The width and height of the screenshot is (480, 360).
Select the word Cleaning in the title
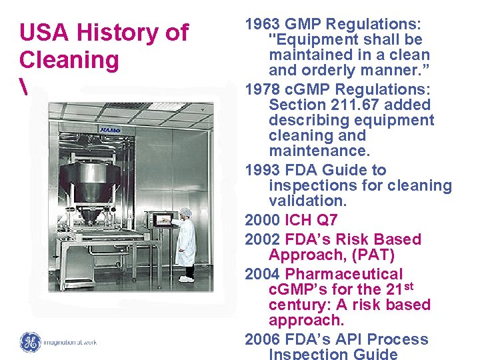coord(69,60)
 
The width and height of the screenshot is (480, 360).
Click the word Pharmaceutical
coord(344,274)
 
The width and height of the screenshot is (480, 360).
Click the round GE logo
coord(31,342)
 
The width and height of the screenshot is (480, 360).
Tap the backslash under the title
coord(23,87)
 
